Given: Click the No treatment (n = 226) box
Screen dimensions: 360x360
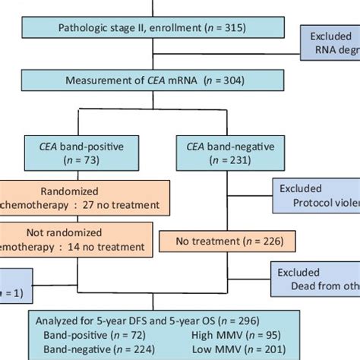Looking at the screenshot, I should tap(220, 242).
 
